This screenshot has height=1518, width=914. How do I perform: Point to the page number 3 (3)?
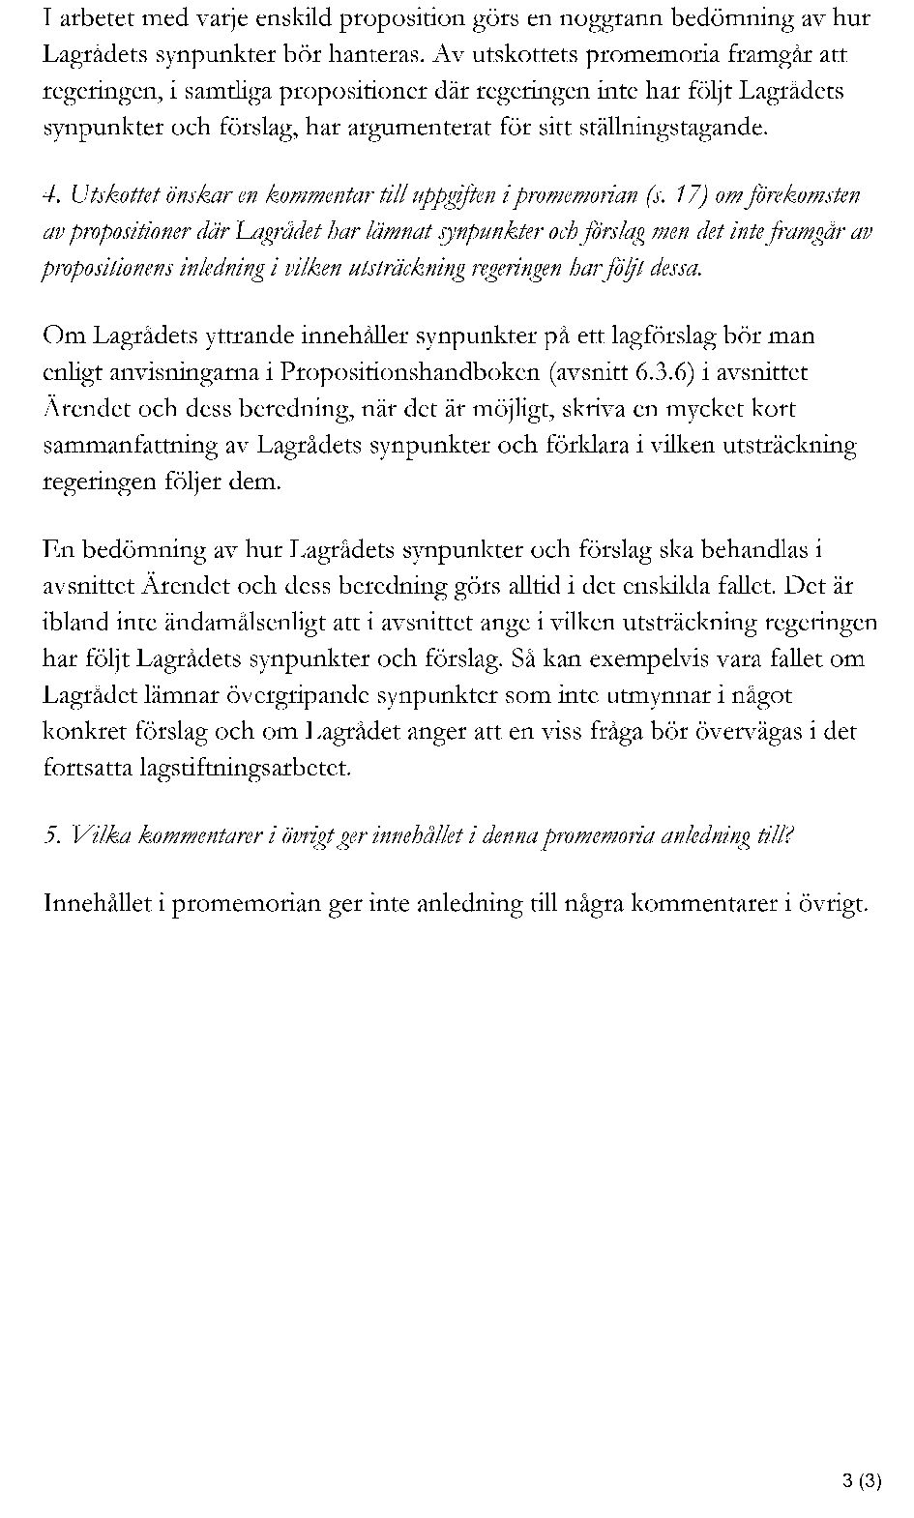(861, 1480)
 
